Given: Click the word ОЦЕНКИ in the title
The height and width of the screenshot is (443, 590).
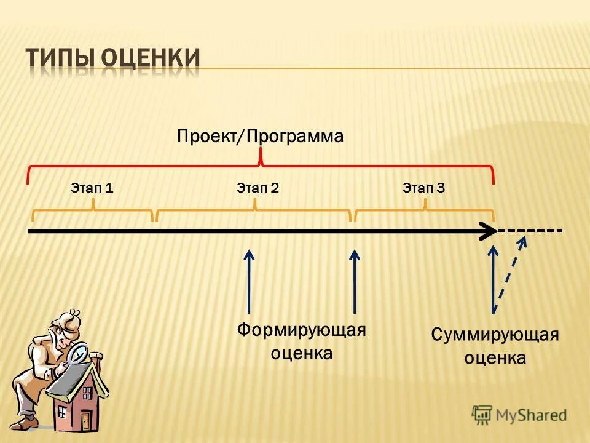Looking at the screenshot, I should pyautogui.click(x=151, y=59).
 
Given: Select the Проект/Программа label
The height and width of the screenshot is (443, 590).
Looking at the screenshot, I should pyautogui.click(x=260, y=136).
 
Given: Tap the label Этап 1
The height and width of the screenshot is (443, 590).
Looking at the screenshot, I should pyautogui.click(x=92, y=188).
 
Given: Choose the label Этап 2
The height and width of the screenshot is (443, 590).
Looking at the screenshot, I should pyautogui.click(x=258, y=188).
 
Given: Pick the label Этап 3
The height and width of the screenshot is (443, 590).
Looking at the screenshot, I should pyautogui.click(x=423, y=188).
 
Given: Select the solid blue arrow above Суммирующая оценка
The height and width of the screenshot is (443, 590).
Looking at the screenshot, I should pyautogui.click(x=493, y=280).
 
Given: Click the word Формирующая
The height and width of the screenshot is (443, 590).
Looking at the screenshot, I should pyautogui.click(x=301, y=330).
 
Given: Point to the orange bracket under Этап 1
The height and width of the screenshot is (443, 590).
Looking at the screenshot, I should pyautogui.click(x=92, y=212).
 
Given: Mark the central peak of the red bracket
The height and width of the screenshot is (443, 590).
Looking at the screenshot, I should pyautogui.click(x=261, y=159).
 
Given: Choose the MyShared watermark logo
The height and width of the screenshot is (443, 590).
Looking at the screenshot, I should pyautogui.click(x=519, y=415).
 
